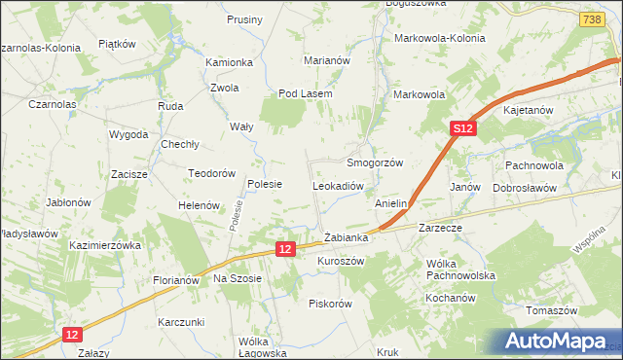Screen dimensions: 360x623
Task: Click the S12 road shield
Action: tap(463, 128)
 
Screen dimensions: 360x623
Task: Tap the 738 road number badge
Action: tap(590, 19)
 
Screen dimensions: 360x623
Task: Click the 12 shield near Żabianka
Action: tap(283, 250)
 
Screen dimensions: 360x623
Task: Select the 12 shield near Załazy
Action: tap(73, 334)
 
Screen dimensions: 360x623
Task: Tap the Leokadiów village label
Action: tap(338, 185)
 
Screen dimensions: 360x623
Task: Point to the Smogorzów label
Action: tap(375, 163)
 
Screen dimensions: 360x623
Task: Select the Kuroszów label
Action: tap(341, 262)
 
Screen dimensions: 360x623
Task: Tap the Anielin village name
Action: tap(390, 204)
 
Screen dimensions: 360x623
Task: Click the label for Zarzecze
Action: tap(439, 227)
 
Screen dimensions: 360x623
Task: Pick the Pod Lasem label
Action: tap(306, 93)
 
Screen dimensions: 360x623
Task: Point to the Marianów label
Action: tap(326, 60)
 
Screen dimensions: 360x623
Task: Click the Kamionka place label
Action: tap(229, 62)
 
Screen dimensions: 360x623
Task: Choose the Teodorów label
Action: tap(213, 173)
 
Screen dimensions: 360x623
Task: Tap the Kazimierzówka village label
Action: tap(106, 246)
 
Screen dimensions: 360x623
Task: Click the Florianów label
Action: tap(175, 280)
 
